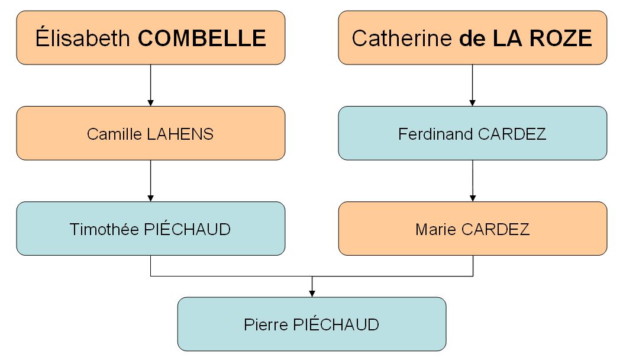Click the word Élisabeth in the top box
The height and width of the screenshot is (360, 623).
pyautogui.click(x=82, y=38)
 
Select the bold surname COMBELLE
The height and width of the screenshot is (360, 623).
pyautogui.click(x=202, y=38)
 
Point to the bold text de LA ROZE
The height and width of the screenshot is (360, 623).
pyautogui.click(x=525, y=38)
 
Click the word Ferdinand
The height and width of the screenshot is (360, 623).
pyautogui.click(x=436, y=134)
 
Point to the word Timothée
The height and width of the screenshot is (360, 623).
pyautogui.click(x=105, y=229)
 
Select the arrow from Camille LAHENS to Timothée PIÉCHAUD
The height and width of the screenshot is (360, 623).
pyautogui.click(x=150, y=181)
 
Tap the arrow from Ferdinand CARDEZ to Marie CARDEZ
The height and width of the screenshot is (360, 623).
pyautogui.click(x=472, y=181)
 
